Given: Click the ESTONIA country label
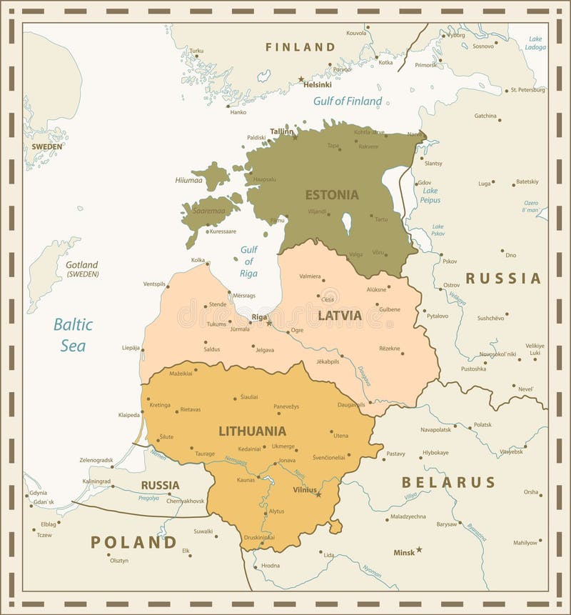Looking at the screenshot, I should coord(332,194).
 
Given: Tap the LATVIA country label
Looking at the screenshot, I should coord(340,315).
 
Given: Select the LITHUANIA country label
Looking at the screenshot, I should coord(252,431).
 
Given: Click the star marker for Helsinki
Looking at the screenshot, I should coord(301,79).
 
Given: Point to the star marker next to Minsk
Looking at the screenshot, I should coord(419,549).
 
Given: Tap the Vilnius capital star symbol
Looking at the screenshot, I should coord(318,494).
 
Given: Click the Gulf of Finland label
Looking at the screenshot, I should coord(348,101).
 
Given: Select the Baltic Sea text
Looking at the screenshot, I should coord(73,335).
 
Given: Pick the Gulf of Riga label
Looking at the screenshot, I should coord(248,261).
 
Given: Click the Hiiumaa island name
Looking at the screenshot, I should coord(189,180).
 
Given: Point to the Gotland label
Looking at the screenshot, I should coord(82,265).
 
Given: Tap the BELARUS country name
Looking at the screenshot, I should coord(448,482).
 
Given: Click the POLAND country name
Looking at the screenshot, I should coord(133,542).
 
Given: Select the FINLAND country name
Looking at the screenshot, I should coord(300,47).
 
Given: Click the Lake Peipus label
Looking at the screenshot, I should coord(430,195).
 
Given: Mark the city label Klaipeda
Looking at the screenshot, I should coord(129,415).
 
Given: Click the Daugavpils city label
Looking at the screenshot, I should coord(350,404).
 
